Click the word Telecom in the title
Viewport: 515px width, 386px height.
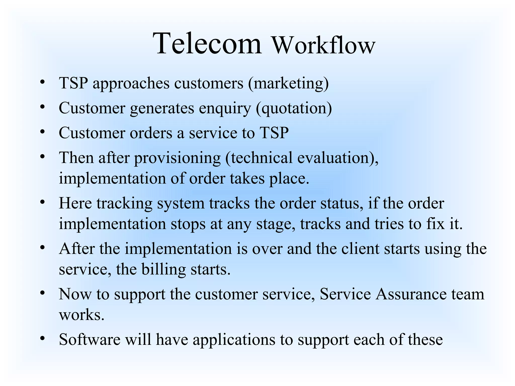tap(208, 43)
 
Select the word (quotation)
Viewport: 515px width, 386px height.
tap(294, 108)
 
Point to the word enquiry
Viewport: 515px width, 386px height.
tap(225, 108)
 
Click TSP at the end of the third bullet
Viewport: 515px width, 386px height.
tap(274, 133)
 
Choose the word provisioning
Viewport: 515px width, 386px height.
tap(177, 158)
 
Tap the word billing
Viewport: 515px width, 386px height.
tap(163, 269)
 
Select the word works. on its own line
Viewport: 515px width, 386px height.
tap(81, 315)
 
